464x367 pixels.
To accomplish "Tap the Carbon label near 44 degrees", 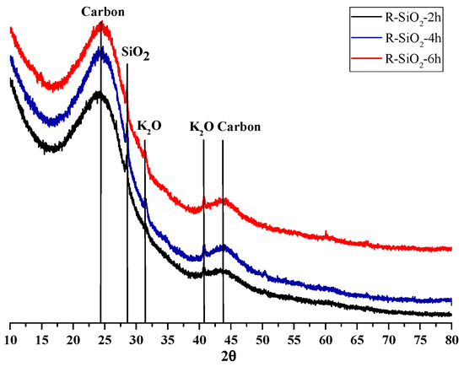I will (x=239, y=127).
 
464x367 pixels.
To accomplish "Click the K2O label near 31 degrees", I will (x=148, y=127).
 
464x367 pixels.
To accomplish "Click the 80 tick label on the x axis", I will (x=452, y=339).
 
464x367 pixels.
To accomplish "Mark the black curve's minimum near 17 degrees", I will (x=52, y=149).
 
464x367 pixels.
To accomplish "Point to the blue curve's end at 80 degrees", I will (x=451, y=300).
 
